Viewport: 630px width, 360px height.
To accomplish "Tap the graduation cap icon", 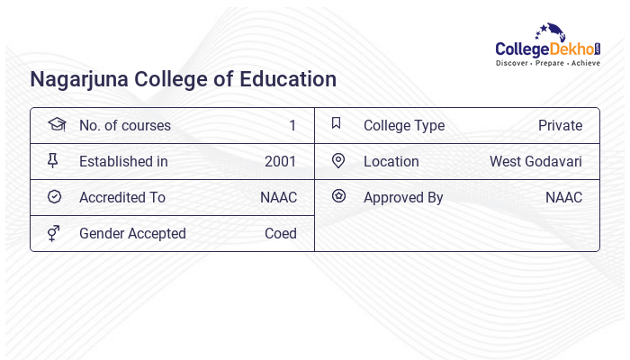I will coord(55,125).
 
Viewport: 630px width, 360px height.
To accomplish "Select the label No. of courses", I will coord(124,126).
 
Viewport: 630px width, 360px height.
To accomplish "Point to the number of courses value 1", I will coord(292,126).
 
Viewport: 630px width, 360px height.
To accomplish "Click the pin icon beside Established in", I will coord(53,161).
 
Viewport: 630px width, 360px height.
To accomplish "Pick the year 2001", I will coord(281,162).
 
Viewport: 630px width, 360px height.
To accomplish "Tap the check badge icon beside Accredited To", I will coord(54,197).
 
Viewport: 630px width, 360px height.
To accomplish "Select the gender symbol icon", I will coord(53,233).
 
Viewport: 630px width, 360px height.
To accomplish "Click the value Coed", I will coord(281,234).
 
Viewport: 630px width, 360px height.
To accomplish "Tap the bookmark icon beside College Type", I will coord(337,124).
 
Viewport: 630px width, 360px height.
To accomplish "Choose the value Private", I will coord(560,126).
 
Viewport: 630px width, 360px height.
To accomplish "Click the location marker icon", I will coord(338,161).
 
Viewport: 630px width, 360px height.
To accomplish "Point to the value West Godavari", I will coord(535,162).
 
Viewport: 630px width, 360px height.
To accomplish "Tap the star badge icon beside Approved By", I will coord(338,196).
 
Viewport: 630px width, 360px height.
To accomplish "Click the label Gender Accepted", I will coord(132,234).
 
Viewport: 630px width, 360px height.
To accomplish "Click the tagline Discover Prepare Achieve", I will coord(547,64).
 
